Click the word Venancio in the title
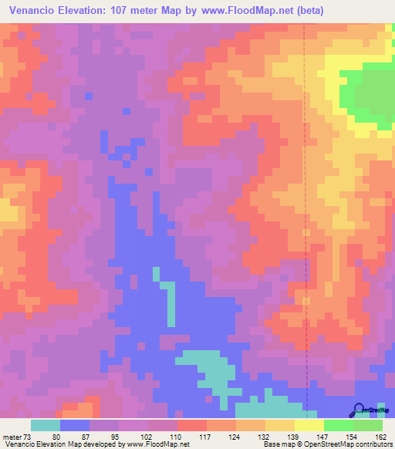pos(30,10)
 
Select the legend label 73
pos(27,437)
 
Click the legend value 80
pos(56,437)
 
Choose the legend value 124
pos(233,437)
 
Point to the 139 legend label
pos(292,437)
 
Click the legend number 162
pos(380,437)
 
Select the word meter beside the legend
pos(12,437)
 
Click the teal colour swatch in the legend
pos(46,425)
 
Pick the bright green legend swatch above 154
pos(339,425)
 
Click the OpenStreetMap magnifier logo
pos(358,409)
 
